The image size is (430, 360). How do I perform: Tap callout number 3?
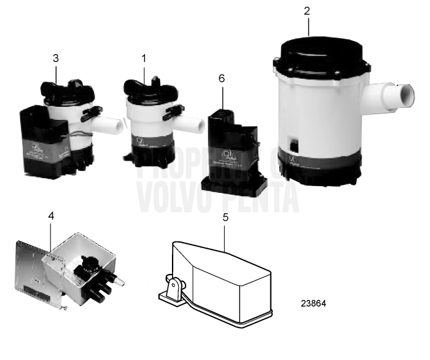tap(56, 58)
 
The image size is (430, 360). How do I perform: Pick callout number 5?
tap(225, 217)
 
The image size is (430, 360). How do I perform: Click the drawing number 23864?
tap(314, 303)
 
